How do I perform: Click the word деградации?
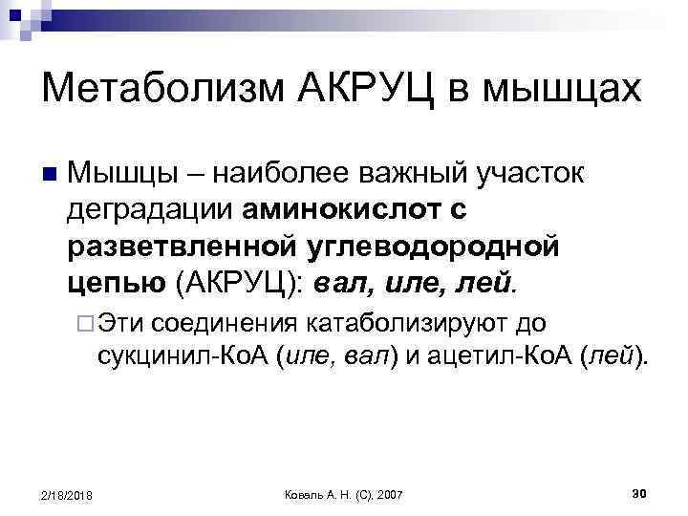coord(152,208)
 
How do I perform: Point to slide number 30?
coord(641,492)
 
